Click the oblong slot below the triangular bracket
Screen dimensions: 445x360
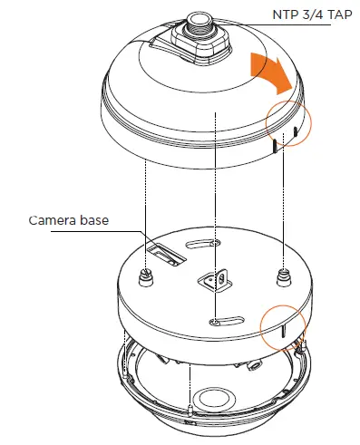click(x=216, y=318)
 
